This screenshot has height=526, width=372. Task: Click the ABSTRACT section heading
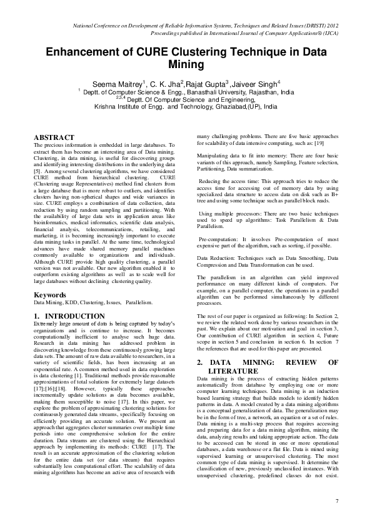tap(54, 137)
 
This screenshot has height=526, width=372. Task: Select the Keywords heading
tap(50, 294)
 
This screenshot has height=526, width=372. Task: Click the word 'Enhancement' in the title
tap(89, 53)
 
